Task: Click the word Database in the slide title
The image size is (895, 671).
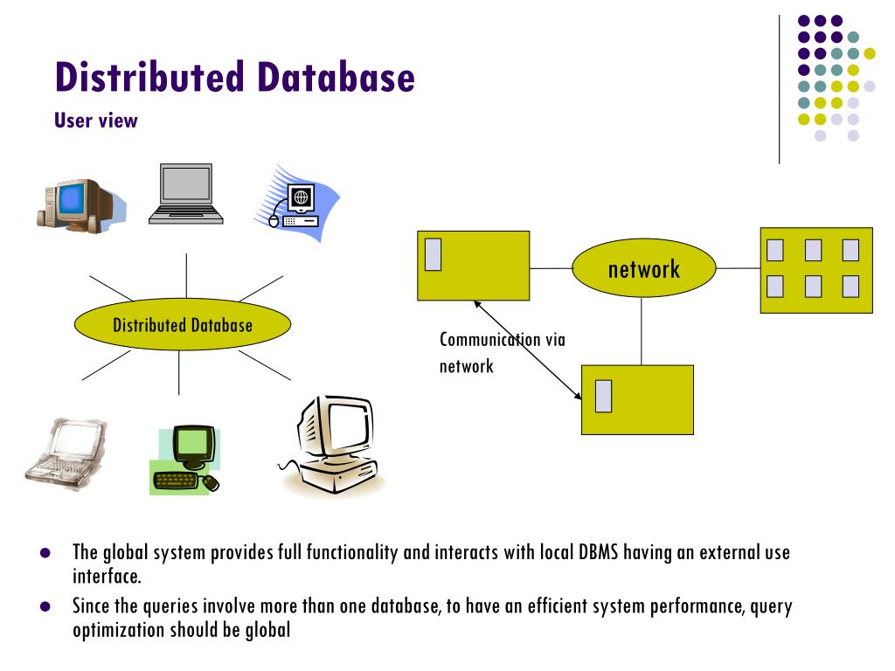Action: (335, 77)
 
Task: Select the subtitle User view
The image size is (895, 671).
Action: (96, 121)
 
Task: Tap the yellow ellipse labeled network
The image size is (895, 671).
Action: (643, 268)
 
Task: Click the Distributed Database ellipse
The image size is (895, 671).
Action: (182, 325)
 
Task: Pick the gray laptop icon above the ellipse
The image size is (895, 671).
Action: (185, 194)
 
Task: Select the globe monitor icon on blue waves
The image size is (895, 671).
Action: (295, 201)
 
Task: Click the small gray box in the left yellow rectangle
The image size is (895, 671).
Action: (433, 253)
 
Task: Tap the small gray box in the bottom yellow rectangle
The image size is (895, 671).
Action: (603, 396)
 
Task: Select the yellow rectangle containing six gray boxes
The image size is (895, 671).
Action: (815, 270)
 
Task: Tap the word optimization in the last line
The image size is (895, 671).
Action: (116, 628)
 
